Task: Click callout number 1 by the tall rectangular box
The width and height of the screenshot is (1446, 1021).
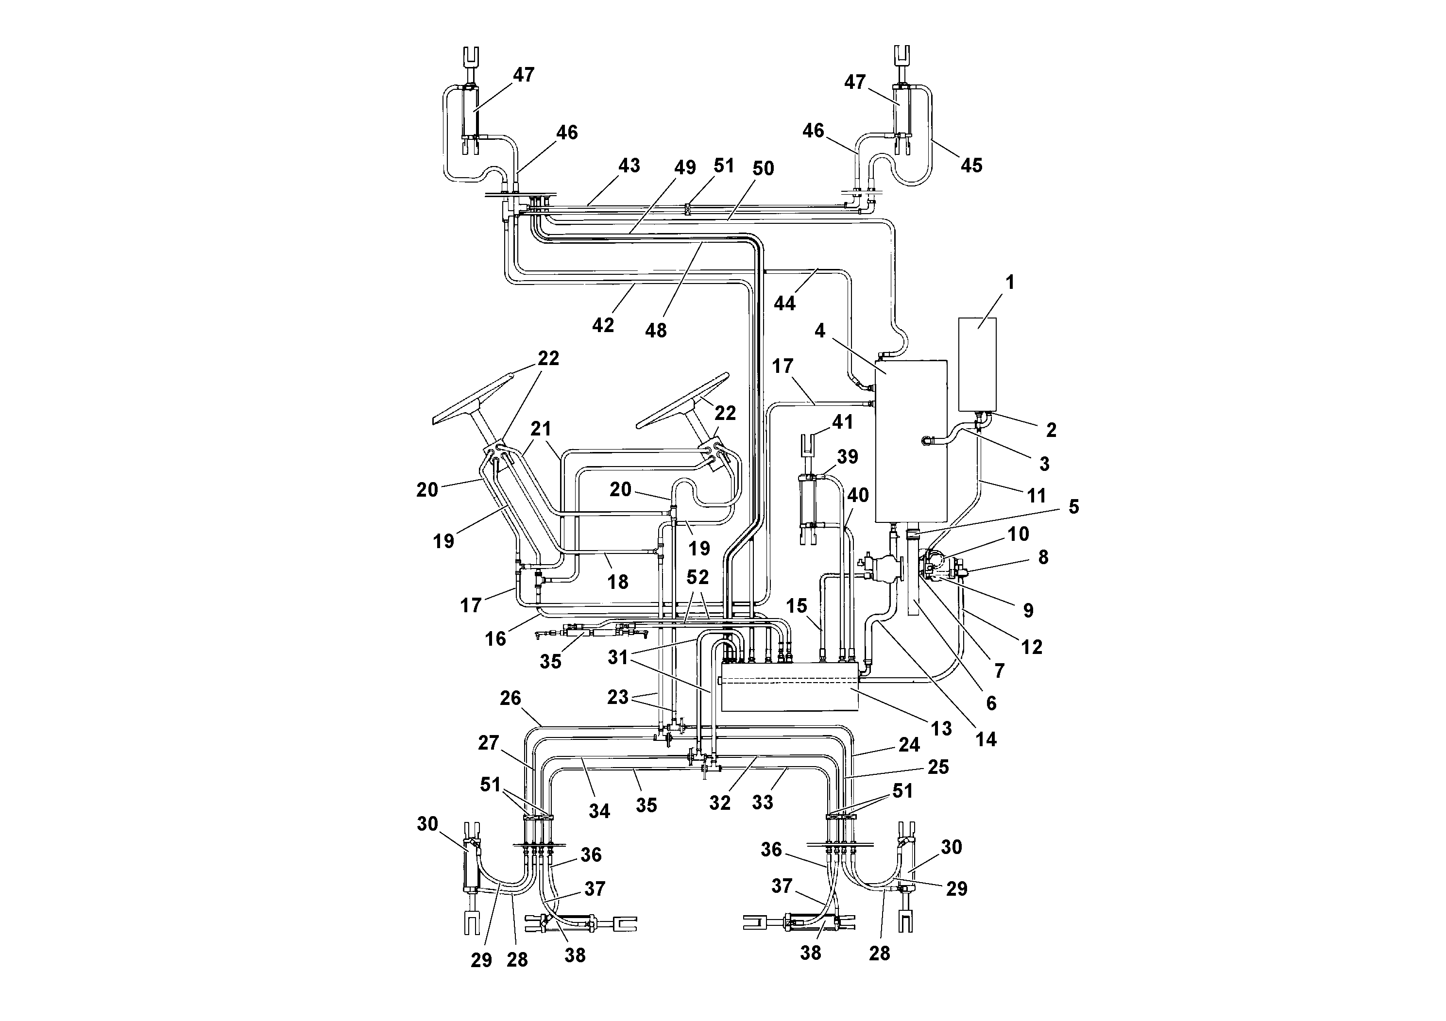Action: coord(1010,283)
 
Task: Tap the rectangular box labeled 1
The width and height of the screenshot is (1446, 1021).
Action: coord(977,365)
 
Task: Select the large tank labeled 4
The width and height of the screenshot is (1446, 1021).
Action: coord(911,441)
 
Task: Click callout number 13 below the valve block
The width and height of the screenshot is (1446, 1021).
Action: coord(941,728)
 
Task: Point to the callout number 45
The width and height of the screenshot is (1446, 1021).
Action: coord(971,166)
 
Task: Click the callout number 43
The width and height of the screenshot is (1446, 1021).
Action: coord(629,166)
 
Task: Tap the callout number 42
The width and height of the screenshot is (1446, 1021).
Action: coord(603,325)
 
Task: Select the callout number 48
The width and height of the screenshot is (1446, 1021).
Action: coord(656,331)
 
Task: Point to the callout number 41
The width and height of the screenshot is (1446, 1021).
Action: coord(843,422)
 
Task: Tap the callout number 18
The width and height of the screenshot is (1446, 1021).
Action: coord(618,582)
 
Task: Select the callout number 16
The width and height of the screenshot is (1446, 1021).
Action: coord(495,639)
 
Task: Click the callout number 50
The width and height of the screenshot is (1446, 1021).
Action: coord(763,168)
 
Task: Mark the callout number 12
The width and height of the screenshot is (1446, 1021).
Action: coord(1032,647)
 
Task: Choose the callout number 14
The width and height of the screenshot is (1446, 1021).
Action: coord(986,739)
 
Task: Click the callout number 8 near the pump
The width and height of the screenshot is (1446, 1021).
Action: coord(1043,557)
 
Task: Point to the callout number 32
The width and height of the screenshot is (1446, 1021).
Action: coord(720,803)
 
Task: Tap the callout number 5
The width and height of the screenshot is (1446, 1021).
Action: coord(1074,507)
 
